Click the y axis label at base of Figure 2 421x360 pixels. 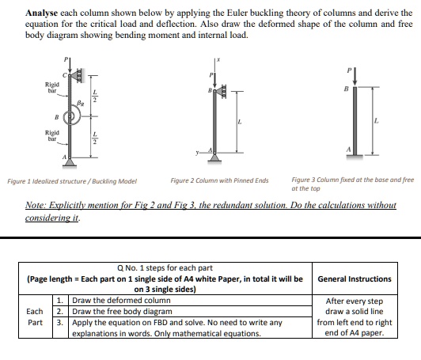207,150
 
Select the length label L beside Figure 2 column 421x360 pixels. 239,121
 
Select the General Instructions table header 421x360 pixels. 354,279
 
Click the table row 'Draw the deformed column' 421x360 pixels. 119,301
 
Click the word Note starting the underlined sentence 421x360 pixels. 39,204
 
